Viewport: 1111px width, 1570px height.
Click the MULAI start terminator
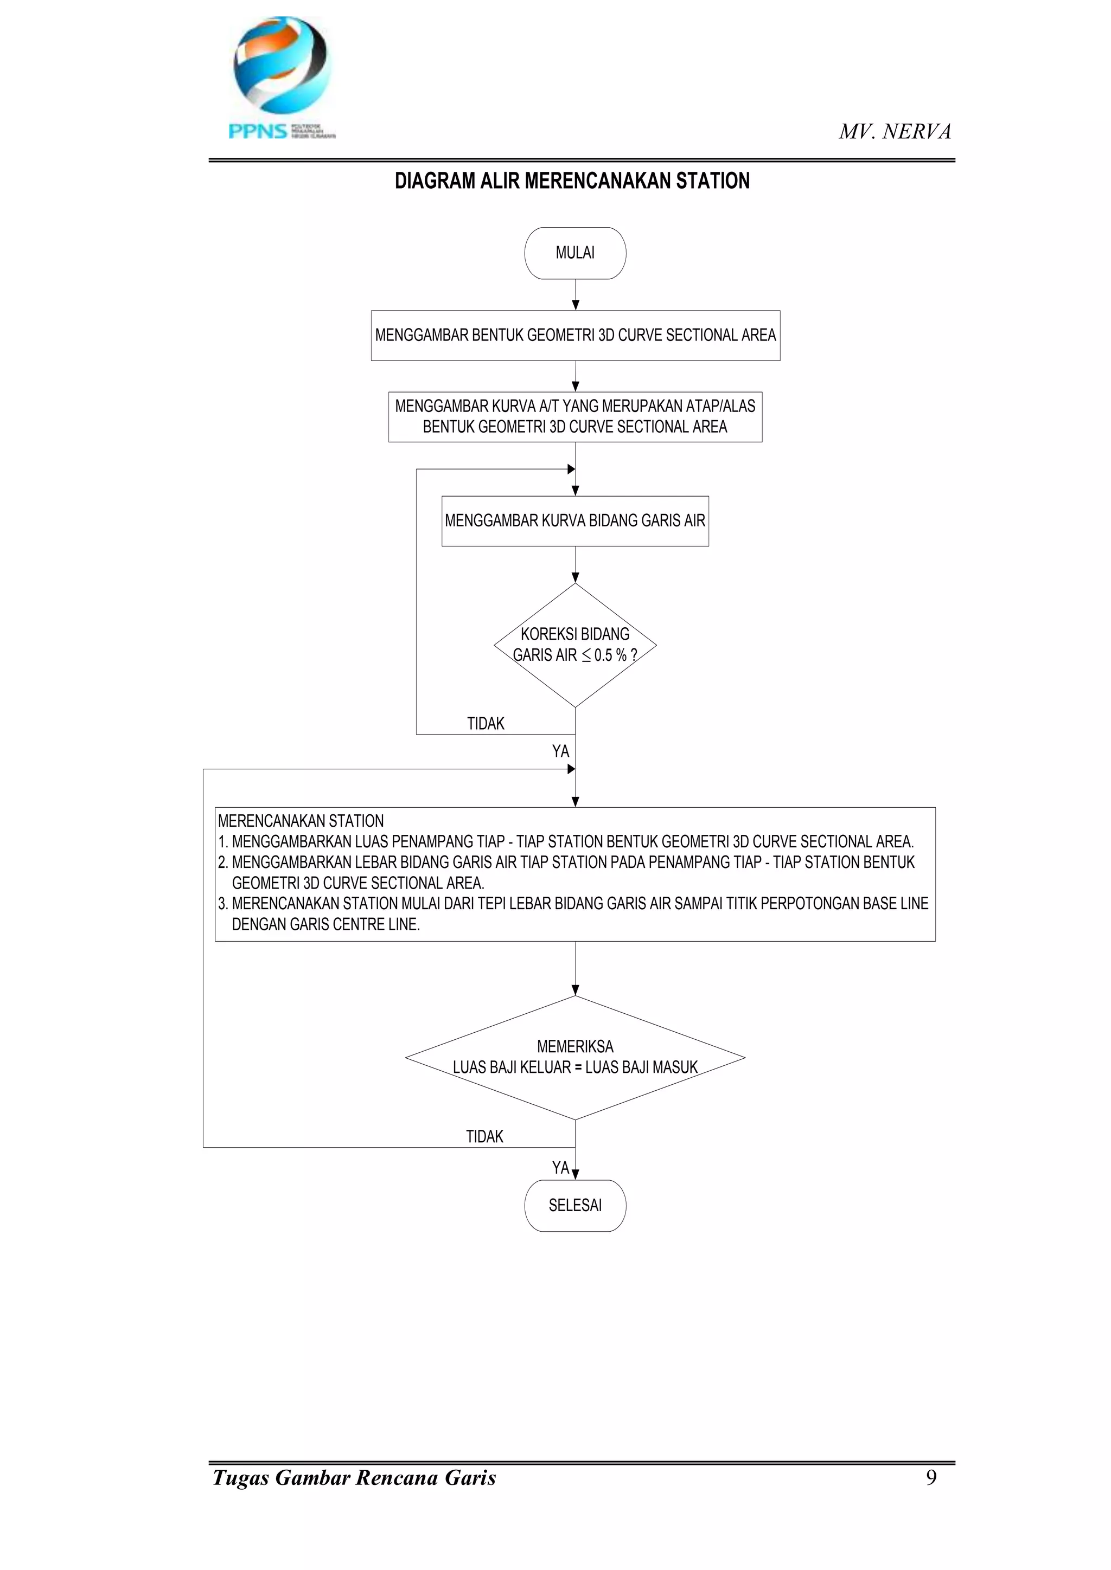tap(574, 253)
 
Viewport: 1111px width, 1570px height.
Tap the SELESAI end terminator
tap(574, 1206)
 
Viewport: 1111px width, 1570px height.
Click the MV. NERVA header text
tap(895, 131)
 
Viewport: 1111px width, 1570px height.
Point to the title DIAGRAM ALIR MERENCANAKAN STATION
tap(572, 181)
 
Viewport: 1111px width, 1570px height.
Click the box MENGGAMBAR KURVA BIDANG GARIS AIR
tap(574, 520)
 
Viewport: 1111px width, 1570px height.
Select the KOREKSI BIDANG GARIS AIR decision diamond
tap(574, 644)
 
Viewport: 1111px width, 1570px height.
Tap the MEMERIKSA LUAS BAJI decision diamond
tap(574, 1057)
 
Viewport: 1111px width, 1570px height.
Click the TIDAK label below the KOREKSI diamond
tap(485, 723)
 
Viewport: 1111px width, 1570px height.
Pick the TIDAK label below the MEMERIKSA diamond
tap(484, 1136)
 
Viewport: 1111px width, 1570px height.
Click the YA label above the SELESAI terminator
tap(560, 1167)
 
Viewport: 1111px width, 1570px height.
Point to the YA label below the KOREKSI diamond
tap(560, 751)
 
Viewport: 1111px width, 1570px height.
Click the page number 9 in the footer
tap(930, 1478)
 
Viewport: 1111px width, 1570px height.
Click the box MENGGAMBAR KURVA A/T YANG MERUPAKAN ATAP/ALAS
tap(574, 416)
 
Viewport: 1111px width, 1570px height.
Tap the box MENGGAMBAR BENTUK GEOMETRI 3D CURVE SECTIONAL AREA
tap(574, 335)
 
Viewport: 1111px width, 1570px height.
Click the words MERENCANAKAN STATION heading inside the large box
tap(301, 821)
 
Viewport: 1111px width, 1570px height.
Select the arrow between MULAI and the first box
tap(576, 295)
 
